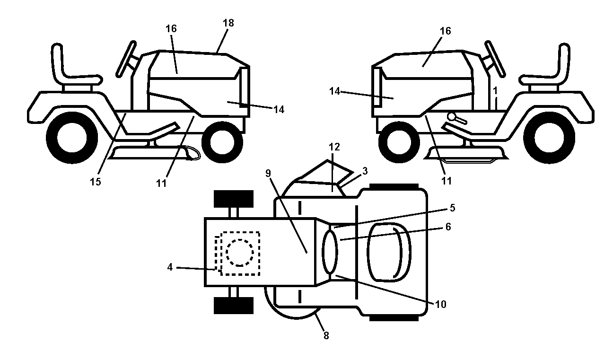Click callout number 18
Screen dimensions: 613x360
pos(228,23)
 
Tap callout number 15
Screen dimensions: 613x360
pos(96,182)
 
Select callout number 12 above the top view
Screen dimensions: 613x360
pos(334,147)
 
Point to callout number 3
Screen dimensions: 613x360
pos(365,171)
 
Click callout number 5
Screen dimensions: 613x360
pos(453,208)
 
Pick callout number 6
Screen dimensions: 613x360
pos(448,227)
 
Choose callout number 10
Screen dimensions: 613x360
pos(441,305)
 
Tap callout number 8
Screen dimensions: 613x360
pos(326,335)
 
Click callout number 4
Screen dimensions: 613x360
pos(170,267)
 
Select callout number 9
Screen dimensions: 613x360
pos(268,173)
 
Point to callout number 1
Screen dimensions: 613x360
pos(495,91)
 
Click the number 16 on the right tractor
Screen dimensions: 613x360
pos(445,31)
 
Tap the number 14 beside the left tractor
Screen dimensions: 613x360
pos(279,110)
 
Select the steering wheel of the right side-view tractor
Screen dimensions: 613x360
pos(495,59)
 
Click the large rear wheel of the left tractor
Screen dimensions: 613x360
pos(72,138)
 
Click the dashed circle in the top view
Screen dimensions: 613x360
pos(240,253)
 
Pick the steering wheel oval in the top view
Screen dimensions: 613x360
pos(330,252)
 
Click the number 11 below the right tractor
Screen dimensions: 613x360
pos(447,181)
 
